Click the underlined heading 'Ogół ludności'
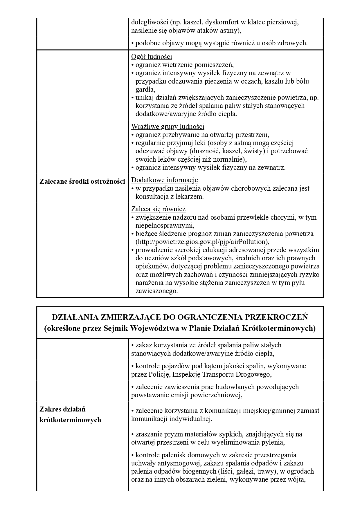point(152,57)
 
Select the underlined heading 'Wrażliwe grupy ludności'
point(168,127)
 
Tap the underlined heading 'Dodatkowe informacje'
point(164,180)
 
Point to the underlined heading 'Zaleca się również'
point(158,209)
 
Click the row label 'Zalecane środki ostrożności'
point(82,182)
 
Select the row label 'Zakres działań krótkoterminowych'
point(70,415)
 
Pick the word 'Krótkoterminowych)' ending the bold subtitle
point(286,328)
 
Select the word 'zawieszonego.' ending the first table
point(156,291)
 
